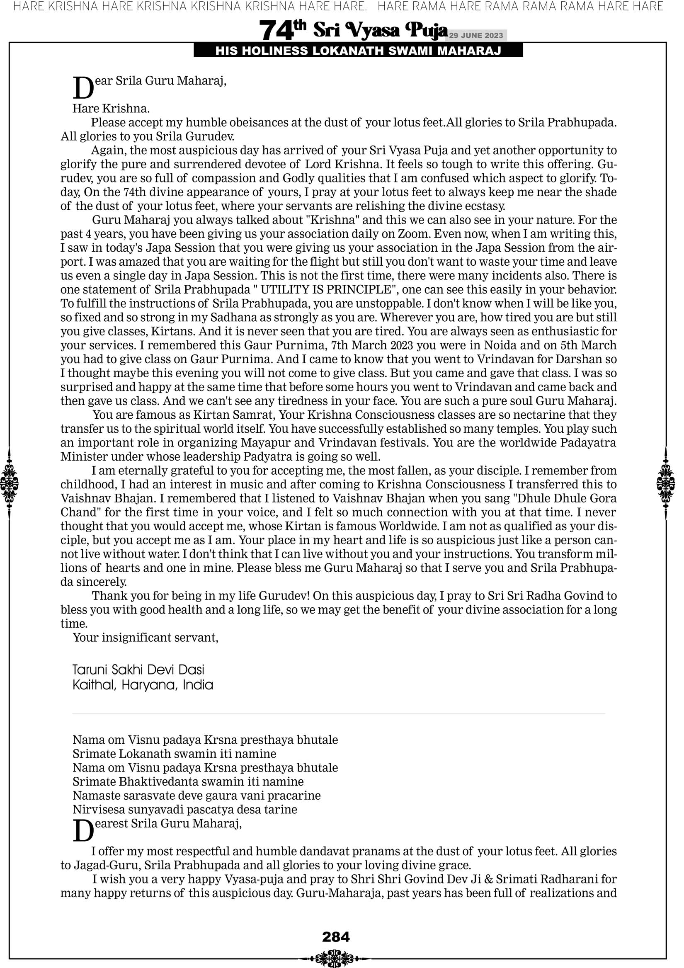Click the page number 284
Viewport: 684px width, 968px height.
point(336,937)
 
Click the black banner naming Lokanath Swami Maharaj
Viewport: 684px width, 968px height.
point(358,51)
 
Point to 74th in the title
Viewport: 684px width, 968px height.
point(283,30)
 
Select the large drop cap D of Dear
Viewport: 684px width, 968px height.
point(83,88)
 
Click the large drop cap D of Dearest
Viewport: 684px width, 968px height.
point(83,830)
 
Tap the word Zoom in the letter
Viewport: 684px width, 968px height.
point(415,234)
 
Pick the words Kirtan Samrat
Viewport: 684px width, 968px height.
point(234,415)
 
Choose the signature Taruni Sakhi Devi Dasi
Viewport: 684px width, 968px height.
point(138,670)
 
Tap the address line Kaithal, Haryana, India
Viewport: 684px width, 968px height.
point(143,685)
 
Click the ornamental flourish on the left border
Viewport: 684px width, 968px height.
point(9,483)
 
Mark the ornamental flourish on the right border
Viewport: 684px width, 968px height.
point(666,483)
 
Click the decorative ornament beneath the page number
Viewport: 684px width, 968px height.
point(336,958)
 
